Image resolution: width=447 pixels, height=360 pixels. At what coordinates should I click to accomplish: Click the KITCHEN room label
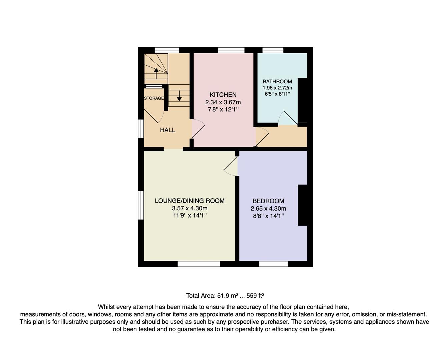click(223, 95)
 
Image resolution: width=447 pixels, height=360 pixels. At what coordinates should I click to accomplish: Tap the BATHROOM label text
click(277, 81)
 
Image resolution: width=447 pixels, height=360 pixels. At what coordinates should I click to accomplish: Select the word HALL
click(168, 130)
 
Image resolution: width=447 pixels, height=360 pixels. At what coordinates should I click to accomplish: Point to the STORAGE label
click(154, 98)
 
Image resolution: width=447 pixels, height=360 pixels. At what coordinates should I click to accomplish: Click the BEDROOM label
click(268, 201)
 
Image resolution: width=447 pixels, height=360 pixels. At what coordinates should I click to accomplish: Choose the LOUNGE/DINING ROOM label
click(190, 201)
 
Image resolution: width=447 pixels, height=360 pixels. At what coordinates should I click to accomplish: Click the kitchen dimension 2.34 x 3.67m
click(223, 102)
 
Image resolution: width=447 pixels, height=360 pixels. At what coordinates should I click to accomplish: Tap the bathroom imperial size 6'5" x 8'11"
click(277, 94)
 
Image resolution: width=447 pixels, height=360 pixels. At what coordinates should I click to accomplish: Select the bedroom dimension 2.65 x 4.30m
click(268, 208)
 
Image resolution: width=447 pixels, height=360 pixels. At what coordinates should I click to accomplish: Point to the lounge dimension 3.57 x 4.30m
click(190, 208)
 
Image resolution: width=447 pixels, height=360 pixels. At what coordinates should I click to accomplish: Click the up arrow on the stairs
click(156, 73)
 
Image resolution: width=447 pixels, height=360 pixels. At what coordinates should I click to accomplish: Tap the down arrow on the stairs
click(179, 96)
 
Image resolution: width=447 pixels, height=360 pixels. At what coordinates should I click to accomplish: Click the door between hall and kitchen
click(198, 129)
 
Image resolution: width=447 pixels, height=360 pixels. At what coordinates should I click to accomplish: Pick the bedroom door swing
click(230, 166)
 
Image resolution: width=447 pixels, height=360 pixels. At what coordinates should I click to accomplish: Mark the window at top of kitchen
click(231, 50)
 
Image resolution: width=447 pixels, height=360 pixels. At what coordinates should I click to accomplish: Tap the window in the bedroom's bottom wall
click(273, 264)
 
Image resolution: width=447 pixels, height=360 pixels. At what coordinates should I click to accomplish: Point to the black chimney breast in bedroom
click(302, 205)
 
